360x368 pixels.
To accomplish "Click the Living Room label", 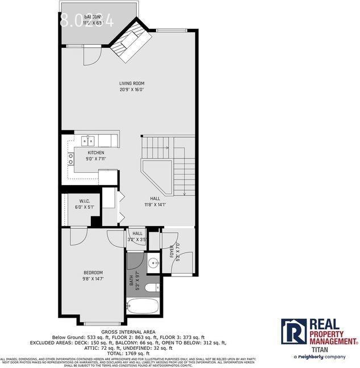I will (131, 83).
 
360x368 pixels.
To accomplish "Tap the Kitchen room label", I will (96, 152).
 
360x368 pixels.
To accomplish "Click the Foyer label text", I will (171, 250).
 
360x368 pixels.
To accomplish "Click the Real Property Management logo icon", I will (294, 331).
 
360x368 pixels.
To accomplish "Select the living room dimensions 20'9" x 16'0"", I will (131, 90).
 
